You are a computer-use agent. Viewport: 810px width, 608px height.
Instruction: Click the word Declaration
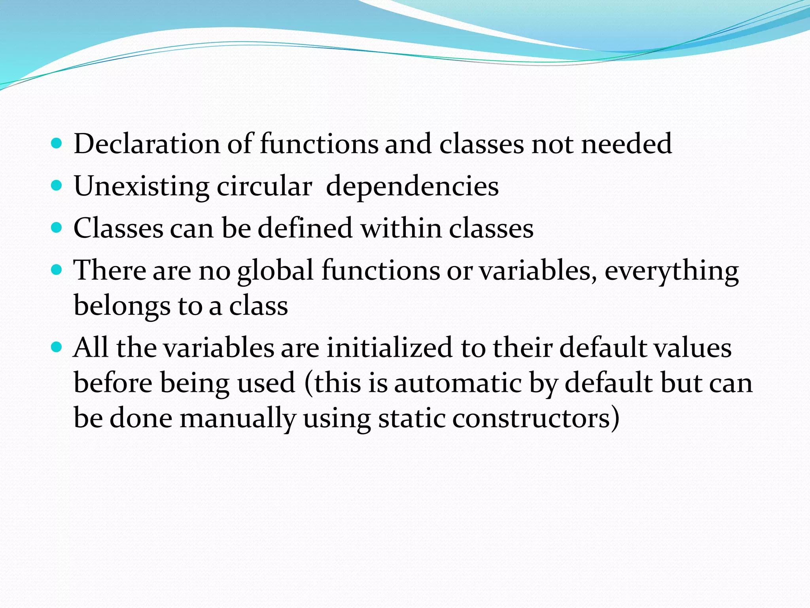click(146, 144)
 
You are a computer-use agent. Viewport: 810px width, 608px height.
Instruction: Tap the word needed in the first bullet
click(626, 144)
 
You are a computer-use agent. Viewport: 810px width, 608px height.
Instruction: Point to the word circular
click(264, 186)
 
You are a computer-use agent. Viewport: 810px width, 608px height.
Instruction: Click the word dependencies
click(412, 186)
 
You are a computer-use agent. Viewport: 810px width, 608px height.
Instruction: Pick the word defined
click(305, 228)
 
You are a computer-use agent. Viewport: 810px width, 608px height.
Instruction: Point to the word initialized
click(389, 348)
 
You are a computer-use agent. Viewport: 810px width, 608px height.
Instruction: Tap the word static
click(411, 418)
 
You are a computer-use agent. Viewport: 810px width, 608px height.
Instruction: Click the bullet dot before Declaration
click(57, 143)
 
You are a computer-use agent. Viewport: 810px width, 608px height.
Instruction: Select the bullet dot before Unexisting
click(57, 185)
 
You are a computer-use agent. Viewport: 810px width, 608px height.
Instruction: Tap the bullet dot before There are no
click(57, 270)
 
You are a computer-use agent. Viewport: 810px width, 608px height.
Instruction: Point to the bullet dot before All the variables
click(57, 347)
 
